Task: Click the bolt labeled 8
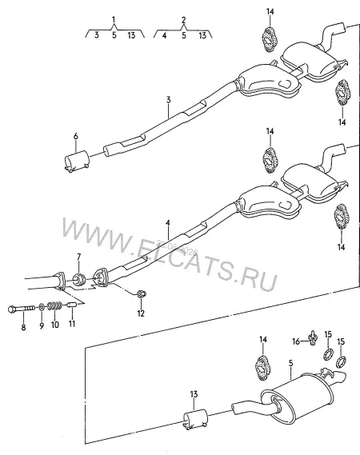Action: pyautogui.click(x=21, y=309)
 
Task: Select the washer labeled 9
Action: pyautogui.click(x=42, y=306)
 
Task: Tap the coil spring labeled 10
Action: pyautogui.click(x=54, y=305)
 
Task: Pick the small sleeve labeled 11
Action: pyautogui.click(x=71, y=305)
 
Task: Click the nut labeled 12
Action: pyautogui.click(x=141, y=293)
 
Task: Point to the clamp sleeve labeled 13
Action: pyautogui.click(x=195, y=419)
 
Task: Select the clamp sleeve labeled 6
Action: pyautogui.click(x=76, y=162)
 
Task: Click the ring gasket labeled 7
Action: pyautogui.click(x=78, y=279)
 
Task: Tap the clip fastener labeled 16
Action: pyautogui.click(x=313, y=337)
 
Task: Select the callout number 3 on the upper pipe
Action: pyautogui.click(x=168, y=100)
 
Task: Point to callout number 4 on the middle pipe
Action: pyautogui.click(x=168, y=223)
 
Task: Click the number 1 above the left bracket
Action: pyautogui.click(x=114, y=19)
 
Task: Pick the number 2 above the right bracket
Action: pyautogui.click(x=183, y=20)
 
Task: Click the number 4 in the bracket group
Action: pyautogui.click(x=164, y=35)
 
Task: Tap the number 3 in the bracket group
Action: pyautogui.click(x=96, y=35)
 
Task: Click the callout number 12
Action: pyautogui.click(x=141, y=313)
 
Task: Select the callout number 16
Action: pyautogui.click(x=296, y=341)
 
